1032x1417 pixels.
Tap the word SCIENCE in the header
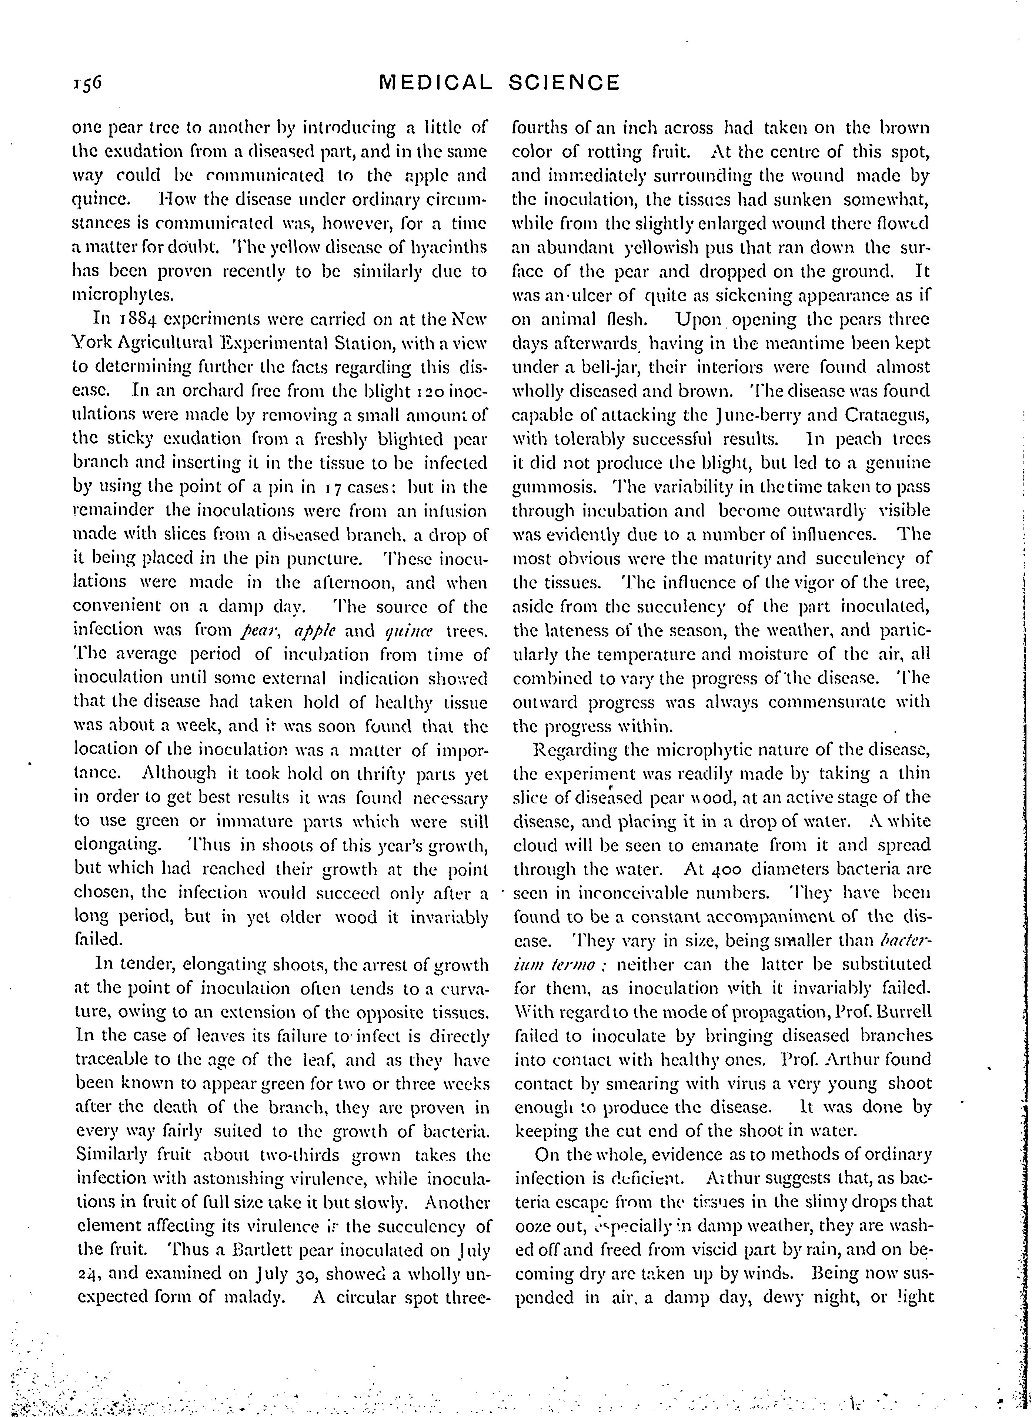tap(564, 83)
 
